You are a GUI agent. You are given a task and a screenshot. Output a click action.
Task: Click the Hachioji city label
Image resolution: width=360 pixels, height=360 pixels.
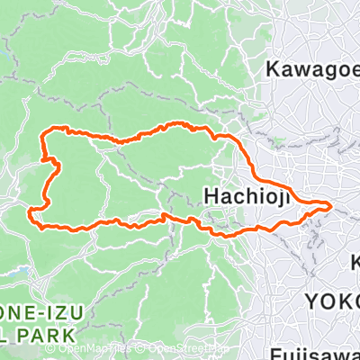[247, 195]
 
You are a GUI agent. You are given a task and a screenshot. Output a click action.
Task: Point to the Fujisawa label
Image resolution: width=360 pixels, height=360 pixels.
[314, 353]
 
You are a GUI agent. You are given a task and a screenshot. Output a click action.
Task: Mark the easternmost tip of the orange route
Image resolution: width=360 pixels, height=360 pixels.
[331, 207]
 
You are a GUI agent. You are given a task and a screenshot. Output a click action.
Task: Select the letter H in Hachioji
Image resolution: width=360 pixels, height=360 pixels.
[213, 195]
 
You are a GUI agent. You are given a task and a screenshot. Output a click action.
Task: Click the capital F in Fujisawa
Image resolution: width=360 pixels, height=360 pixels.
[274, 353]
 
